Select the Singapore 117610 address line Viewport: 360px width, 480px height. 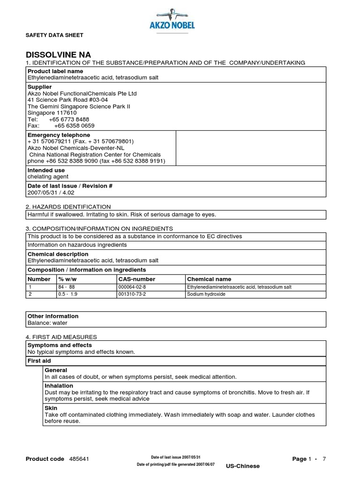point(52,113)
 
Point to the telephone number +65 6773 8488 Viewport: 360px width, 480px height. point(68,120)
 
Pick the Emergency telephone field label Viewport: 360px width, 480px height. point(59,135)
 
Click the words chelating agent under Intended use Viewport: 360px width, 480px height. point(48,177)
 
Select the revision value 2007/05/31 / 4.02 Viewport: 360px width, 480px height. point(51,192)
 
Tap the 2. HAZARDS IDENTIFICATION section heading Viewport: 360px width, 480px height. point(68,207)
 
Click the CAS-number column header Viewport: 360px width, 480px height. point(137,279)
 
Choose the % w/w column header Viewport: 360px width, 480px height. point(67,279)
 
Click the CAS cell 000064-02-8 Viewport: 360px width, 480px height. point(132,287)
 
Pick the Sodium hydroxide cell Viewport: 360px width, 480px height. point(206,294)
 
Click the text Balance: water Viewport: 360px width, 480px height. point(47,322)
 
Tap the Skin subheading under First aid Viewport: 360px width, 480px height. point(51,408)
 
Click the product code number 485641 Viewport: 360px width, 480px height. point(80,459)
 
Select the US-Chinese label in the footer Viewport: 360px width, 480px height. point(242,466)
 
